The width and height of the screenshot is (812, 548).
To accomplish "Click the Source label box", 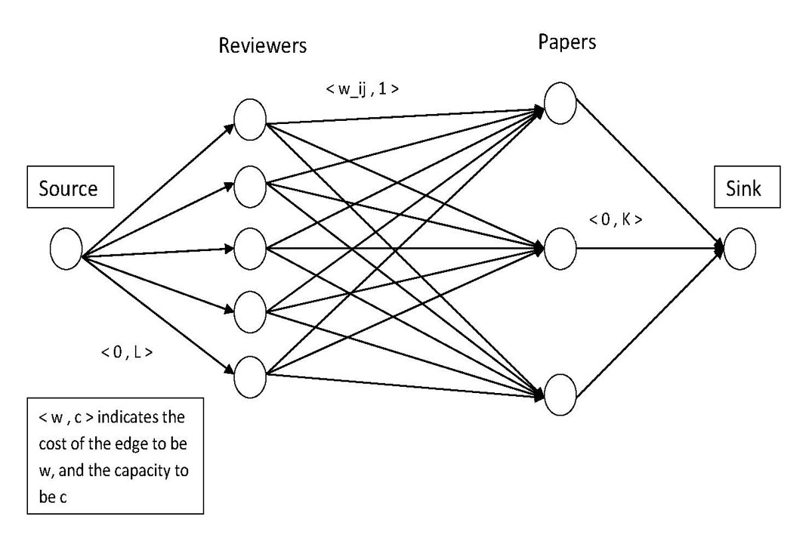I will [x=69, y=187].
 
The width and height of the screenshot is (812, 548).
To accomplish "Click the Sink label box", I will [x=746, y=187].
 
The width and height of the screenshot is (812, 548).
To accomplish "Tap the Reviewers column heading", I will [x=263, y=45].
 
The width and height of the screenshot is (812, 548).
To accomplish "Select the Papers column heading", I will [x=567, y=42].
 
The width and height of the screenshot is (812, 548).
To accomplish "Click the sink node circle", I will [x=739, y=249].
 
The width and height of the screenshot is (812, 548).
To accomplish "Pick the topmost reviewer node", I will [x=250, y=119].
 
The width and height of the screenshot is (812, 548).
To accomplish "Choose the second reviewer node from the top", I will [x=250, y=184].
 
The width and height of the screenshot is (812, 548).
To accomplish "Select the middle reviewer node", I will [x=250, y=247].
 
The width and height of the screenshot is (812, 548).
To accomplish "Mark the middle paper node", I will [x=560, y=248].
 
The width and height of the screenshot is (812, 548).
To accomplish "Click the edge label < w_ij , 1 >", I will [x=363, y=88].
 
